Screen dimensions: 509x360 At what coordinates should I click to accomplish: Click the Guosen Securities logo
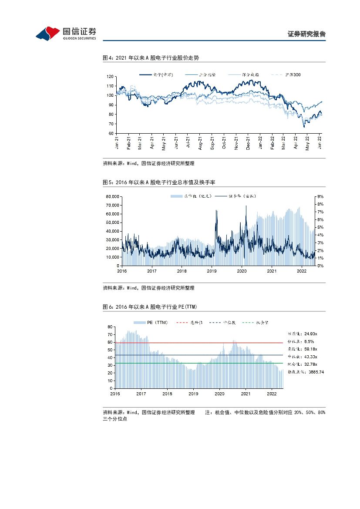click(x=66, y=33)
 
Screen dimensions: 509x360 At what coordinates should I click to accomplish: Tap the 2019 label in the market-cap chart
click(x=212, y=271)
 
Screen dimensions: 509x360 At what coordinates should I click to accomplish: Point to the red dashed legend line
click(x=182, y=322)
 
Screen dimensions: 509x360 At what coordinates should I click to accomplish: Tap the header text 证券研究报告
click(x=307, y=34)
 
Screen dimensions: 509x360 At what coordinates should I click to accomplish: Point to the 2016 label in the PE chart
click(x=115, y=394)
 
